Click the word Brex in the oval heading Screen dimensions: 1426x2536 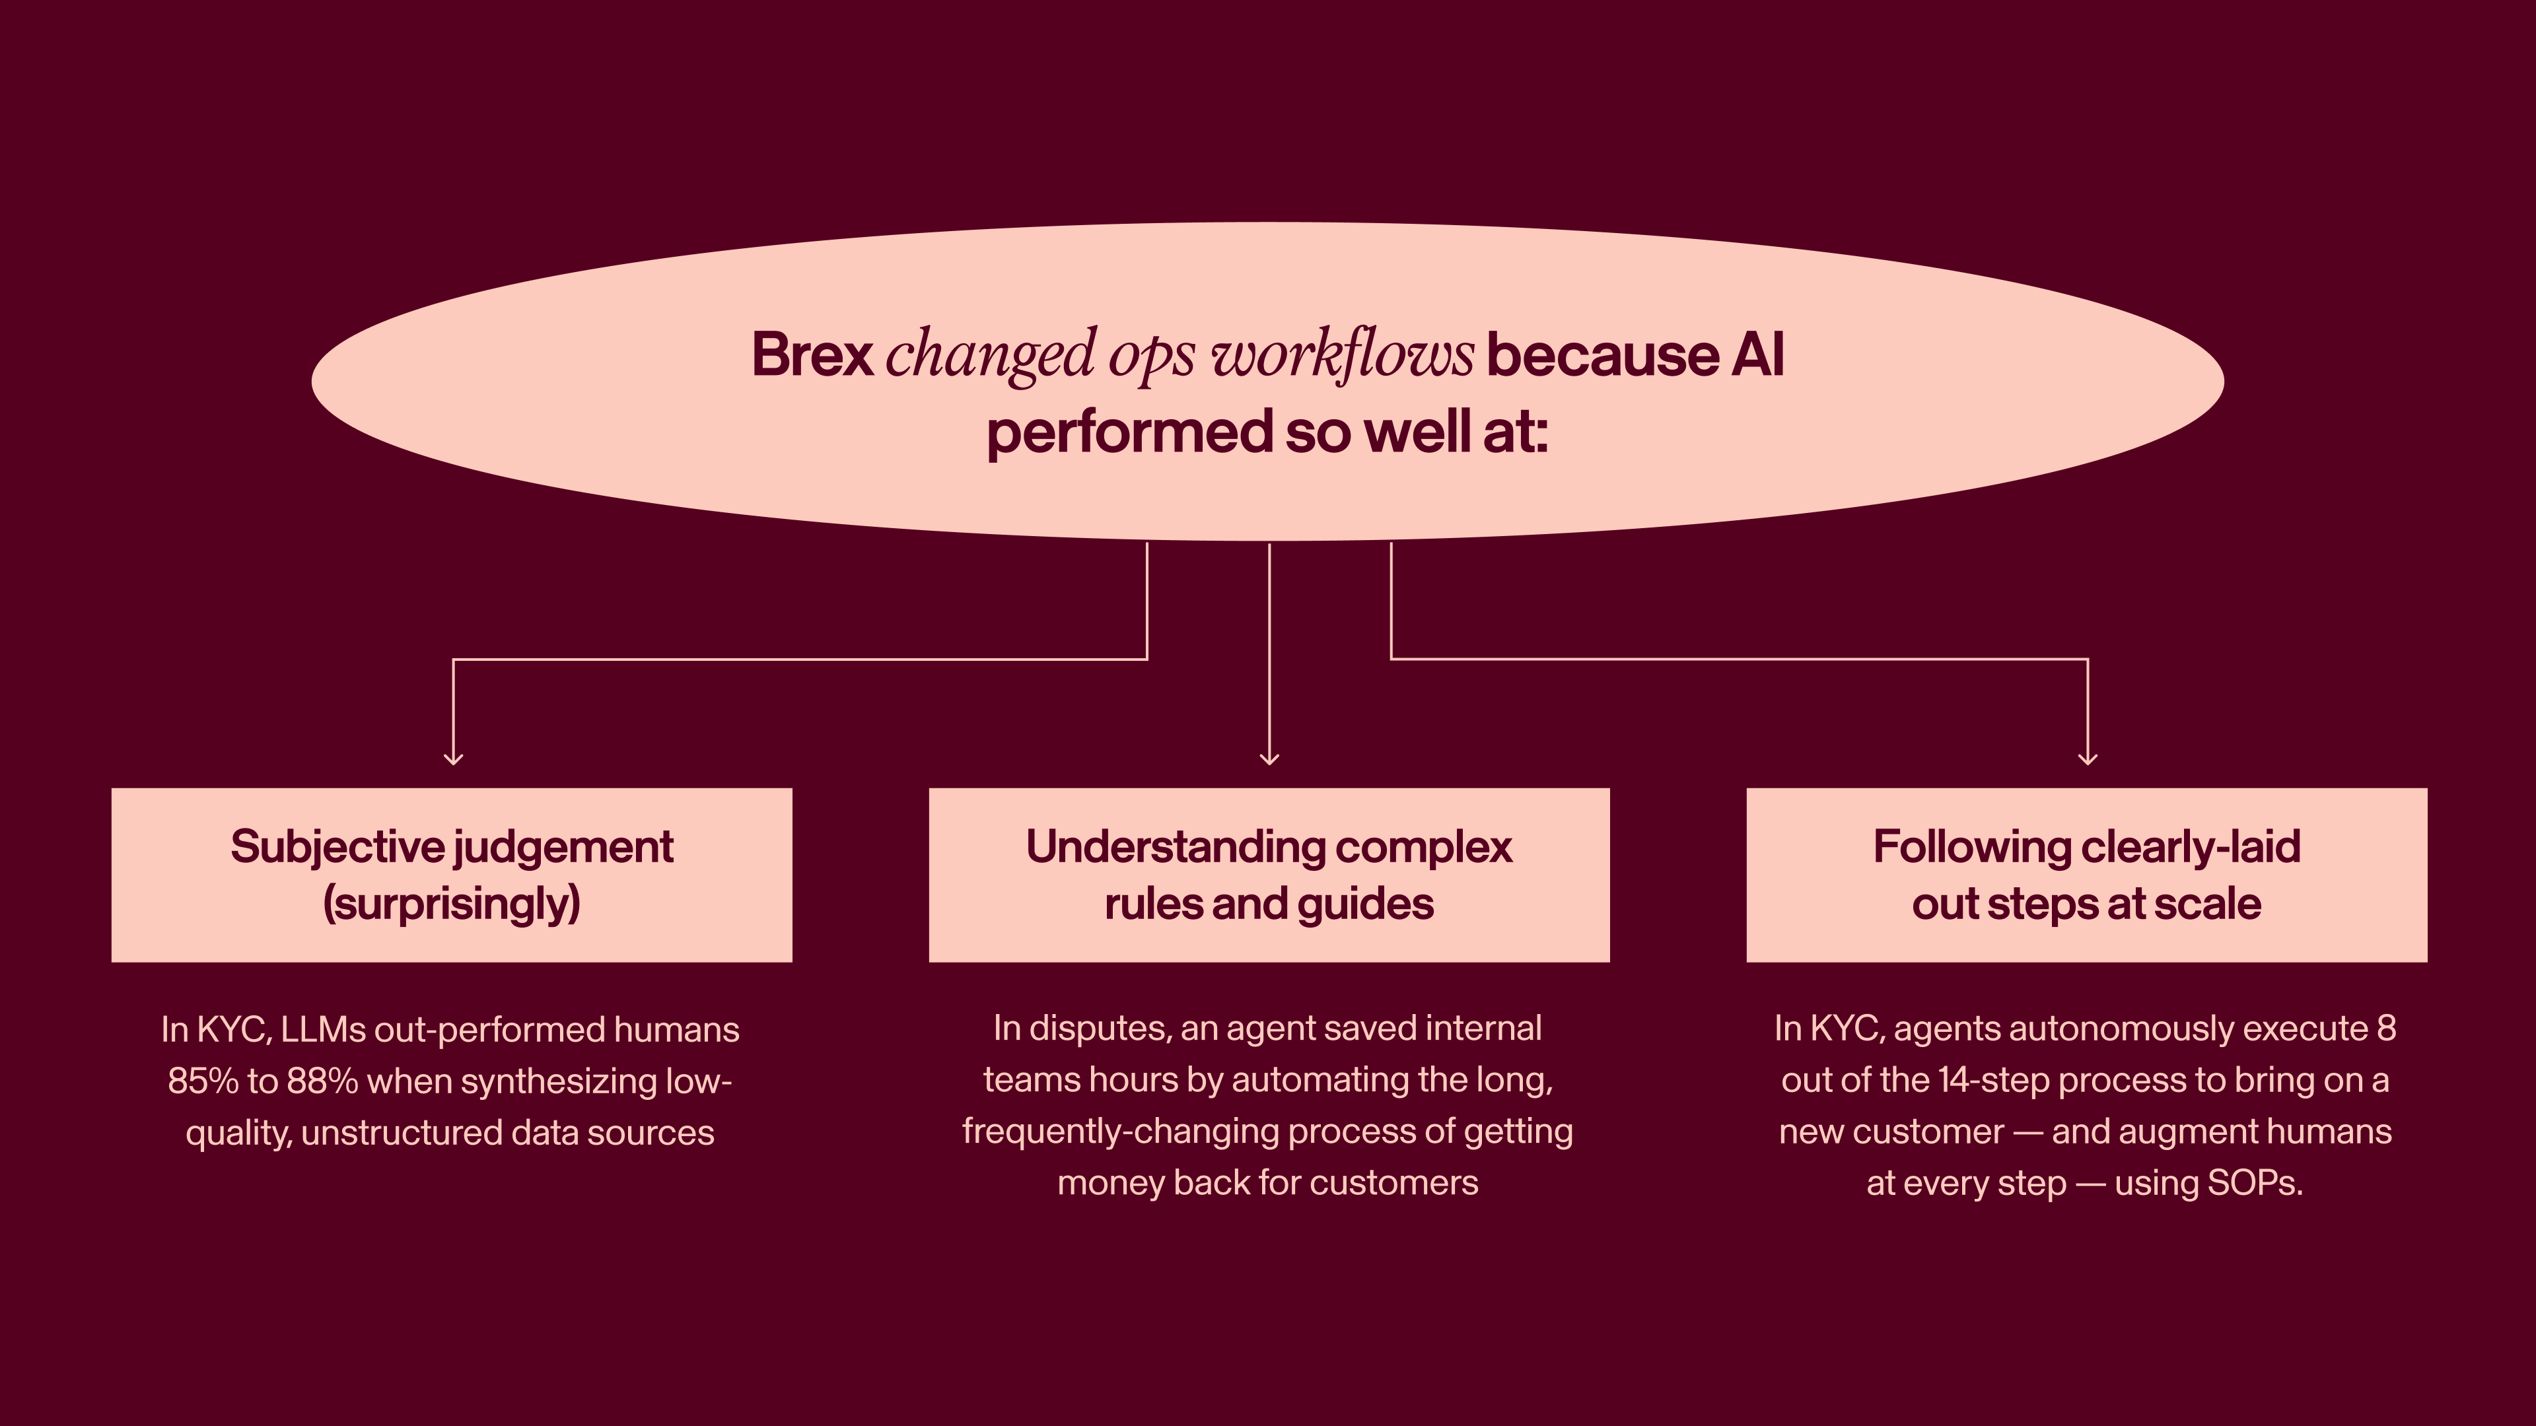[x=812, y=355]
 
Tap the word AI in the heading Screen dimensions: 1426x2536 [x=1757, y=355]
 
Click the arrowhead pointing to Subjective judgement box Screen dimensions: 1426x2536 [x=453, y=758]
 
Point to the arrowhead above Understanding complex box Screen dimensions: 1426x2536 [x=1269, y=758]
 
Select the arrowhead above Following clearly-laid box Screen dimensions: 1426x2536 [x=2087, y=758]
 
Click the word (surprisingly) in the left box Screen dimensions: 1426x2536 [x=452, y=903]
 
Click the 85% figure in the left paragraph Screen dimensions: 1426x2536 [x=203, y=1081]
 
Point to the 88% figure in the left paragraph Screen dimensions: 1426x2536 [x=322, y=1081]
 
